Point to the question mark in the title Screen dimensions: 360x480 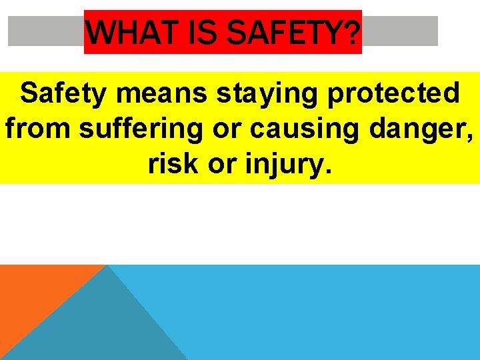tap(353, 31)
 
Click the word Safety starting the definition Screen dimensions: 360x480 tap(63, 94)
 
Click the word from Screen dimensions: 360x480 tap(37, 129)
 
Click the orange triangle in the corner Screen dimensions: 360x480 tap(33, 293)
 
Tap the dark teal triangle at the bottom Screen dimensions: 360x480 tap(100, 327)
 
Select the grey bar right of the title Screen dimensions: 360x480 tap(400, 31)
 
